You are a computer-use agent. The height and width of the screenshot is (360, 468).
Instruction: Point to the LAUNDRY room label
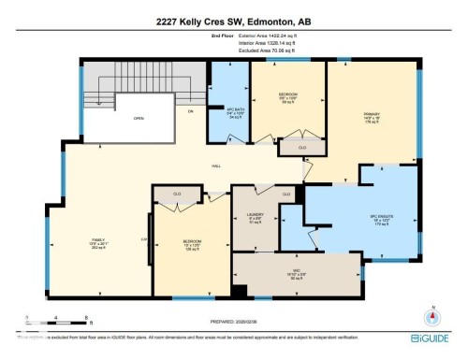[x=254, y=218]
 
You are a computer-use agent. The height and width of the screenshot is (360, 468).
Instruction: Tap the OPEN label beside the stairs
[x=138, y=119]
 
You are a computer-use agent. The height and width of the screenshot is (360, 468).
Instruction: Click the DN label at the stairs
[x=190, y=111]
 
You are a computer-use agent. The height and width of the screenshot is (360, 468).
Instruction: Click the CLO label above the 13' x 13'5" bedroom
[x=177, y=194]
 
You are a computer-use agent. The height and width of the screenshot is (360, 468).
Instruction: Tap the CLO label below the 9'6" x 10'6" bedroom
[x=301, y=147]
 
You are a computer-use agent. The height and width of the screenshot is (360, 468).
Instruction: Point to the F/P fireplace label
[x=144, y=240]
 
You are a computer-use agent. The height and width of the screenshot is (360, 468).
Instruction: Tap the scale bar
[x=57, y=316]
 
